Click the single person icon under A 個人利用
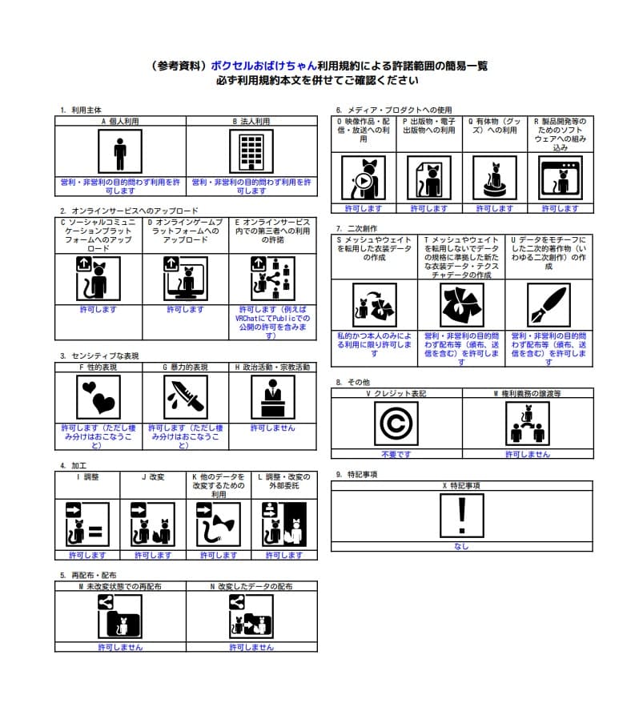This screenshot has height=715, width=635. pyautogui.click(x=119, y=152)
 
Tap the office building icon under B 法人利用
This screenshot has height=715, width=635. pyautogui.click(x=251, y=152)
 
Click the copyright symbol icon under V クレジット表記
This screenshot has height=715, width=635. pyautogui.click(x=396, y=424)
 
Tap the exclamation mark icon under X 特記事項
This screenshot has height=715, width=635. pyautogui.click(x=460, y=515)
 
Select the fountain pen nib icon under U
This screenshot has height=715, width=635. pyautogui.click(x=549, y=305)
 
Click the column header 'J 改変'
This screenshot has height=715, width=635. pyautogui.click(x=152, y=476)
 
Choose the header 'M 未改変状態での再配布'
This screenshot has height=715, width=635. pyautogui.click(x=120, y=586)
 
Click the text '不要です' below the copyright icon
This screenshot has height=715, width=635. pyautogui.click(x=396, y=454)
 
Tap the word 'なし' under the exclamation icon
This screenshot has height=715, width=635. pyautogui.click(x=460, y=547)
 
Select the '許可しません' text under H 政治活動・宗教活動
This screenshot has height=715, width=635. pyautogui.click(x=272, y=428)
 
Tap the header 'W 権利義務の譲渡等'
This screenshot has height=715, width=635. pyautogui.click(x=527, y=394)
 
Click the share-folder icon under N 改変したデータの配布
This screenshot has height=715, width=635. pyautogui.click(x=251, y=618)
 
